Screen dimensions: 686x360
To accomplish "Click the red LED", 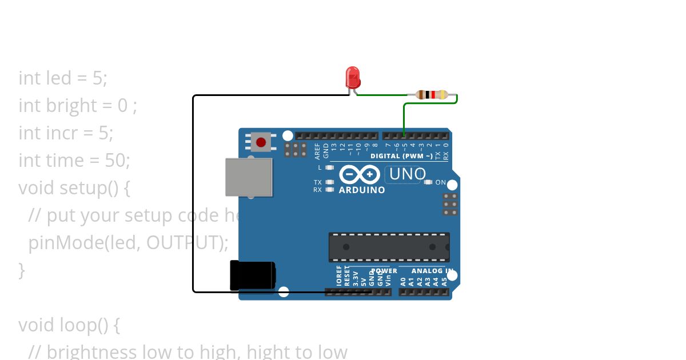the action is (353, 77).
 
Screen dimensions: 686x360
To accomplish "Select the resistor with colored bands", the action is (432, 95).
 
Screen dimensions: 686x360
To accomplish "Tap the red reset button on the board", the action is (261, 142).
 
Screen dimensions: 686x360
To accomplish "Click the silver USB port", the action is (249, 177).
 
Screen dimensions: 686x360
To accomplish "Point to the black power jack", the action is (252, 275).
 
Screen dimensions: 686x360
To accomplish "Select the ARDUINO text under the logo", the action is (362, 190).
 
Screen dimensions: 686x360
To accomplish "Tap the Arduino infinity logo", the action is (360, 174).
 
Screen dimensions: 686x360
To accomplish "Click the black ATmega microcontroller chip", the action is (389, 247).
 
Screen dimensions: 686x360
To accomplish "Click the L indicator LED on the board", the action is (329, 167).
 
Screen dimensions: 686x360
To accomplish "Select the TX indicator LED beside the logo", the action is (329, 182).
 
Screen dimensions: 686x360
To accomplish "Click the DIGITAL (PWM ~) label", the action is (401, 156).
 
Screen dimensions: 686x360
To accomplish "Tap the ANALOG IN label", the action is (433, 271).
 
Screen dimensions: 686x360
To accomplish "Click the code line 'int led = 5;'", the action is (63, 78).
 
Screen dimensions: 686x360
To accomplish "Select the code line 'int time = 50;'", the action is (74, 161).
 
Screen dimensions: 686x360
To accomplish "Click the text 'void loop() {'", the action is (69, 325).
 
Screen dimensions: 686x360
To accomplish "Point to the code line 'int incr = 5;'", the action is (66, 133).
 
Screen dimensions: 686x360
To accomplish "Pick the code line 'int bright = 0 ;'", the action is (78, 106).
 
